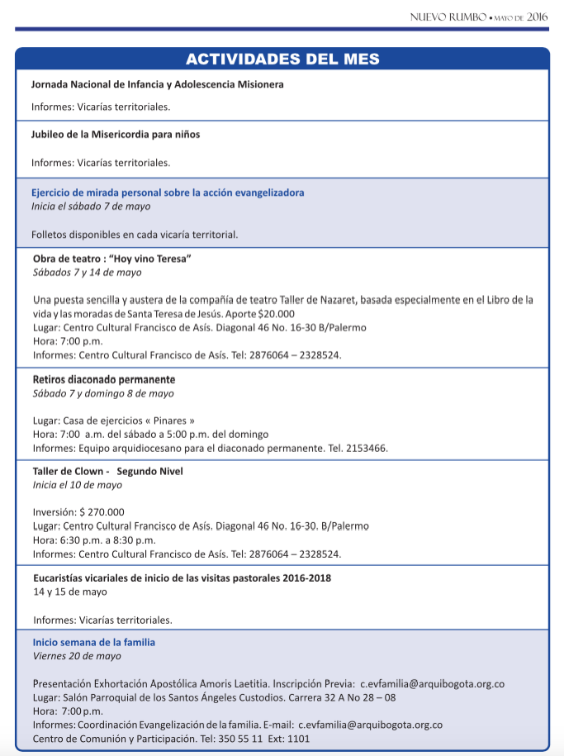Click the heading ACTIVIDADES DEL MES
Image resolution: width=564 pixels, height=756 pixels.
point(282,59)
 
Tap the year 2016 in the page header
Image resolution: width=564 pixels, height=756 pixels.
point(538,17)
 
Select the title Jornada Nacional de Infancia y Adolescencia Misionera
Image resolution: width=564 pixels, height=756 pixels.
point(158,85)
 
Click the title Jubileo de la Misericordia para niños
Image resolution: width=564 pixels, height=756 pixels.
point(116,134)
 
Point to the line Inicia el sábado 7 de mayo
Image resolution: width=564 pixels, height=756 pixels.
point(91,206)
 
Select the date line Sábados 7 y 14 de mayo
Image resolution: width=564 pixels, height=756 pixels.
point(87,272)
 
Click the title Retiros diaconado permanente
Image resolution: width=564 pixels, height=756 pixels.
point(104,380)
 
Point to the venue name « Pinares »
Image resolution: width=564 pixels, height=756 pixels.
point(169,421)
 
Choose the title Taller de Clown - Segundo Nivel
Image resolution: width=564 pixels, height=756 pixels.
point(108,472)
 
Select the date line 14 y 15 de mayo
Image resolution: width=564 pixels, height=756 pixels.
point(70,592)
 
